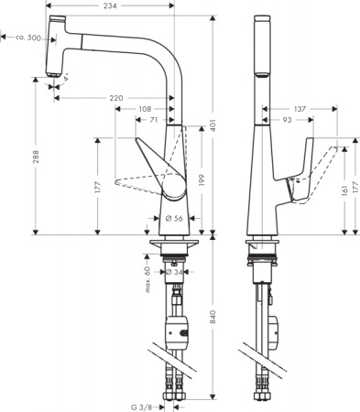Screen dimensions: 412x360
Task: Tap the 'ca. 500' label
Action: click(x=24, y=38)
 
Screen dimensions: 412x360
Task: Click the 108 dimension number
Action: click(x=144, y=108)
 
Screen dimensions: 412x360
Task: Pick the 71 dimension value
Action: click(x=157, y=120)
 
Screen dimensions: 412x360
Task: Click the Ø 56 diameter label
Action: click(x=174, y=218)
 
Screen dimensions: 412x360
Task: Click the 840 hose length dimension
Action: click(x=213, y=317)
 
